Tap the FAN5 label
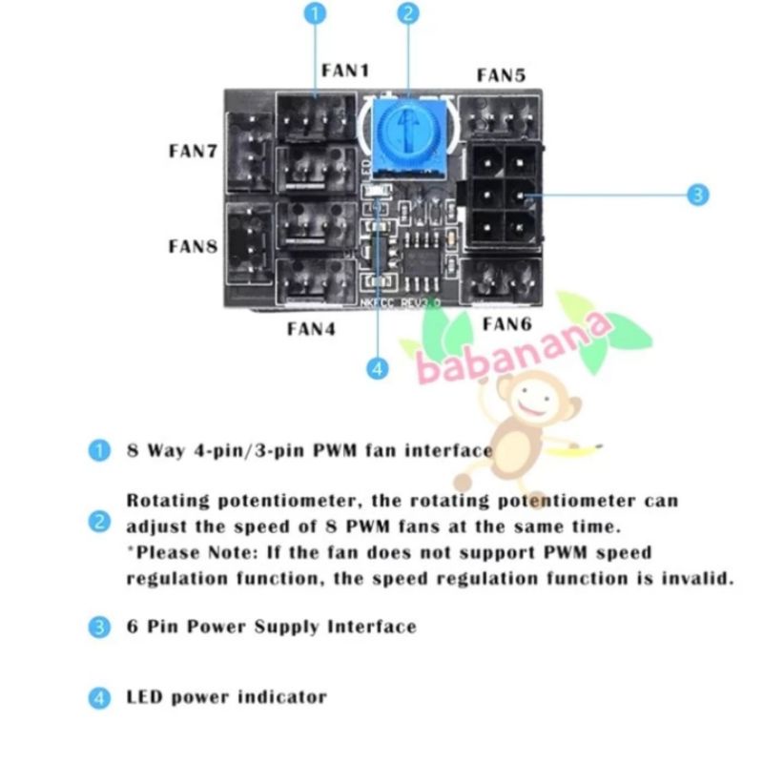[x=501, y=75]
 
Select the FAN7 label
[x=194, y=151]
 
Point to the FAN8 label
[x=194, y=246]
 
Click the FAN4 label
[x=312, y=330]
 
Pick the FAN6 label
[x=506, y=324]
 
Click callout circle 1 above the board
[x=318, y=14]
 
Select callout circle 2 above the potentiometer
[x=408, y=14]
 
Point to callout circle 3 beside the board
[x=698, y=195]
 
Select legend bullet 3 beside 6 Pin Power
[x=98, y=627]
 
